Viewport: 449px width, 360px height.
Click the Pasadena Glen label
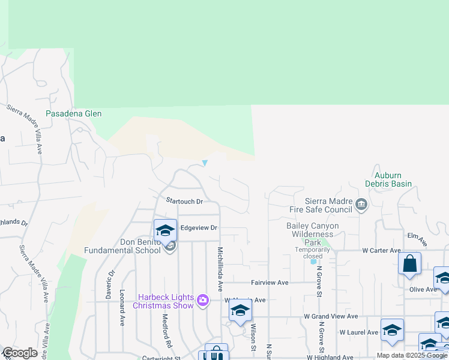point(74,113)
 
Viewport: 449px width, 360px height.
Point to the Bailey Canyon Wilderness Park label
point(312,230)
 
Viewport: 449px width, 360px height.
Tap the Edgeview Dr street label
point(199,228)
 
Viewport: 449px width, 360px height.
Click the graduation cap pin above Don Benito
point(165,230)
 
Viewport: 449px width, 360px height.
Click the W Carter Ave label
point(381,250)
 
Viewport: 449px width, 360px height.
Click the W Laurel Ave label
point(359,332)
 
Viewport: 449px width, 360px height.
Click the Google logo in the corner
point(19,353)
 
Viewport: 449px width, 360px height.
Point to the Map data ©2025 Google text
point(412,355)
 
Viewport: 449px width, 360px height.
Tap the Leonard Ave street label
point(122,308)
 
